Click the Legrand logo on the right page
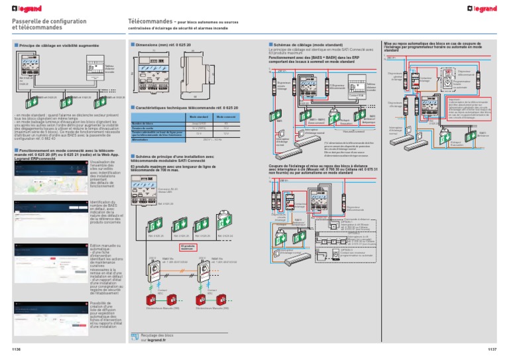(x=489, y=7)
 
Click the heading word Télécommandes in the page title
(x=150, y=22)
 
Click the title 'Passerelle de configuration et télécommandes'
(x=42, y=25)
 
